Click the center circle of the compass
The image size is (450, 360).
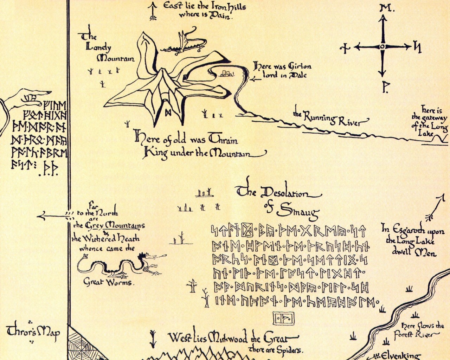coord(382,47)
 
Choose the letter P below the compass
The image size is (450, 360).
coord(385,88)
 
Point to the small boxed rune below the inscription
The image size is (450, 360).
coord(284,319)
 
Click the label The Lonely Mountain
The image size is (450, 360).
coord(105,47)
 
